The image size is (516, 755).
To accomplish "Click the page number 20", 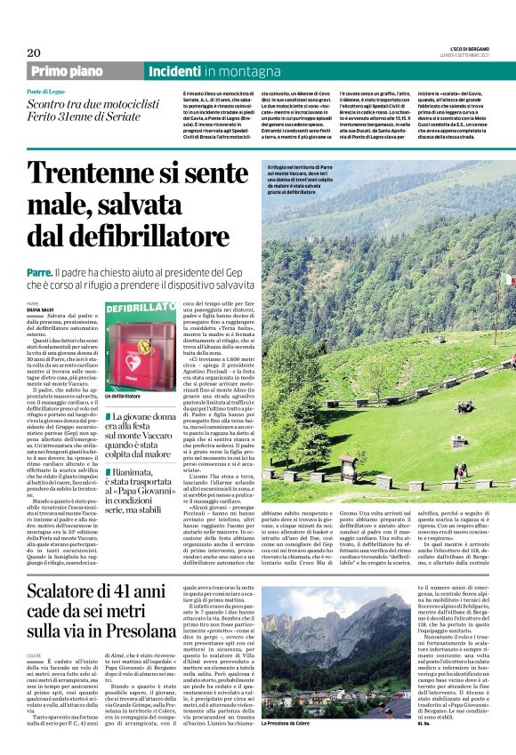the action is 33,52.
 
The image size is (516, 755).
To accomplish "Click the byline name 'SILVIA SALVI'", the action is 39,309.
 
